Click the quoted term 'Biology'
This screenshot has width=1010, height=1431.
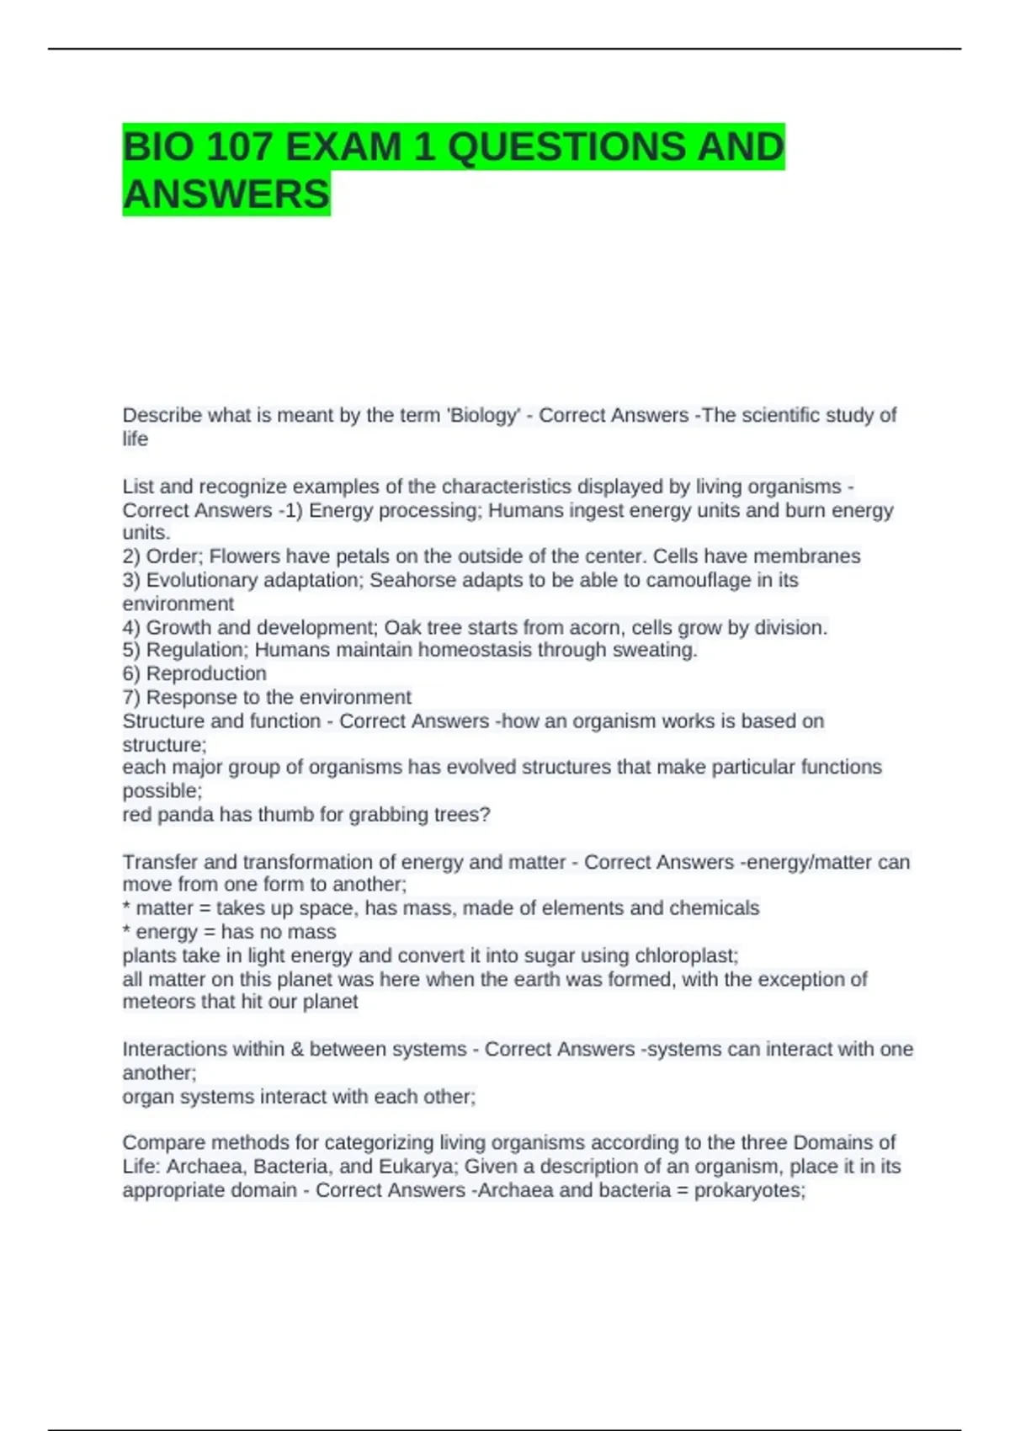[485, 416]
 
